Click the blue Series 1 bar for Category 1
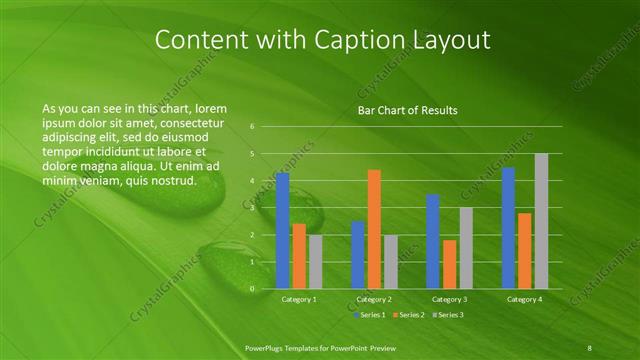click(283, 230)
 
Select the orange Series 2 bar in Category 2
click(374, 229)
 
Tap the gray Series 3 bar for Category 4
click(541, 221)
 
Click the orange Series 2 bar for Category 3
click(449, 264)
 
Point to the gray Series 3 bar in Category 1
click(315, 262)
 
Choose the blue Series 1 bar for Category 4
click(509, 228)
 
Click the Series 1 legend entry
click(370, 315)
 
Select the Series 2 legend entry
click(409, 315)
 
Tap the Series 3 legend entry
click(448, 315)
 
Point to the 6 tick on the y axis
click(252, 127)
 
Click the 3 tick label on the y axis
click(252, 208)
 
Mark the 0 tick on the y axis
click(252, 289)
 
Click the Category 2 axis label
click(374, 299)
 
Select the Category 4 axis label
click(525, 299)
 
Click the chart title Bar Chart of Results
click(407, 110)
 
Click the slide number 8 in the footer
click(591, 347)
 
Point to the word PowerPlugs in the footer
click(267, 347)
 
